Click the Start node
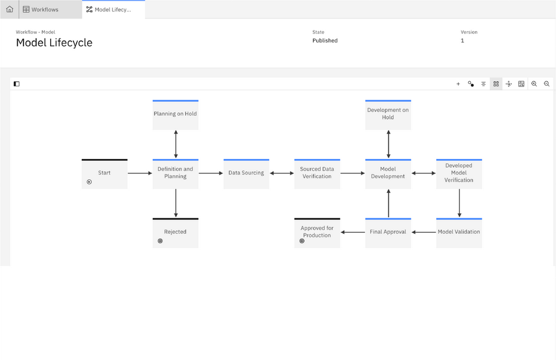pos(104,174)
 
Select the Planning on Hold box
pos(176,115)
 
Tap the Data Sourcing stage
pos(247,174)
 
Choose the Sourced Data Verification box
pos(317,174)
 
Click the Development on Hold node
pos(388,115)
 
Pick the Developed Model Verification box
pos(459,174)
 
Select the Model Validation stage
pos(459,233)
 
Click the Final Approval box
pos(388,233)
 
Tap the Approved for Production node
pos(317,233)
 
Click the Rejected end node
pos(176,233)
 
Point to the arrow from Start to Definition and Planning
pos(140,173)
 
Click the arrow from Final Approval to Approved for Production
pos(353,232)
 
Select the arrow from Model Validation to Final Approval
pos(423,232)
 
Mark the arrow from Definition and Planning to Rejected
pos(176,203)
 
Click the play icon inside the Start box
pos(89,182)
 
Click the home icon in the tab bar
pos(10,9)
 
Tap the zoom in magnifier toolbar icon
pos(534,84)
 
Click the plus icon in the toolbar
pos(458,84)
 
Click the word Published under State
pos(325,41)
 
